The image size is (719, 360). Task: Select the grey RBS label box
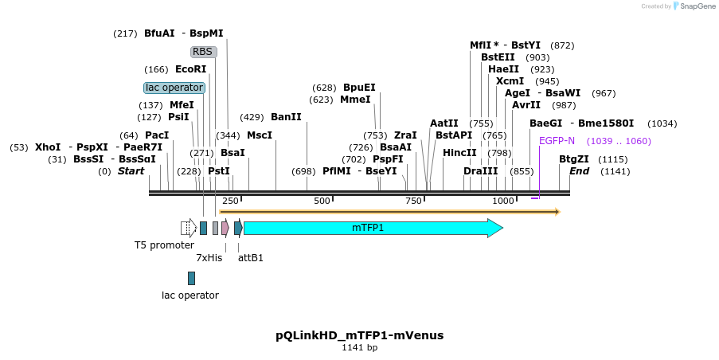click(203, 52)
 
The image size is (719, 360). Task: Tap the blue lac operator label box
click(174, 88)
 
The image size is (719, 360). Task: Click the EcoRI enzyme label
click(190, 69)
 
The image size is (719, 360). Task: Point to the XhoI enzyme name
click(48, 147)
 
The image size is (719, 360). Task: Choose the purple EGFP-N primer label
click(557, 141)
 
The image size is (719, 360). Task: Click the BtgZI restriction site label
click(573, 159)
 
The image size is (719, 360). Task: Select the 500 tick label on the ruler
click(322, 202)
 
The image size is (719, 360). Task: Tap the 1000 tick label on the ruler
click(503, 202)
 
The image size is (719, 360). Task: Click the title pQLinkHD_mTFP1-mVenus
click(359, 335)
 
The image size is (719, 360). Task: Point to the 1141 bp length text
click(359, 348)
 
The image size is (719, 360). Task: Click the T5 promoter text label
click(164, 245)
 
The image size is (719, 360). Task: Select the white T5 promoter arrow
click(189, 228)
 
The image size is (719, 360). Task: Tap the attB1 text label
click(251, 258)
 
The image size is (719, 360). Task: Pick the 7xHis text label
click(209, 258)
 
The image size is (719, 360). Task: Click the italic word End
click(579, 171)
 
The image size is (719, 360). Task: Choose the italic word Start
click(131, 171)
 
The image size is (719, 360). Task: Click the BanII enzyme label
click(286, 117)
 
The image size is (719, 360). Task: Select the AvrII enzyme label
click(526, 105)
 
